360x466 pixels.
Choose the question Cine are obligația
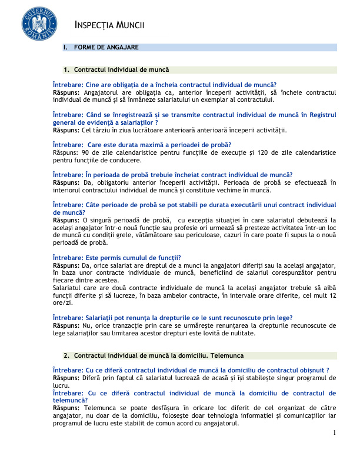coord(165,85)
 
